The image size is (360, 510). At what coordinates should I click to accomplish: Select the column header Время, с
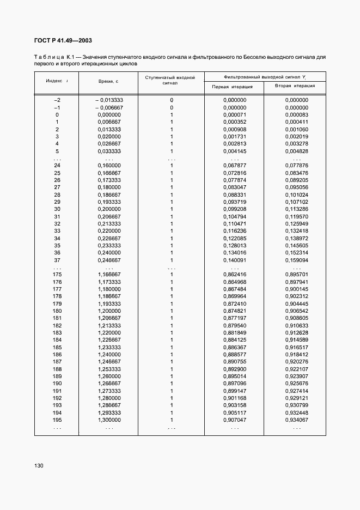(108, 81)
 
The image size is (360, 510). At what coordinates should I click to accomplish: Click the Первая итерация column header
(232, 87)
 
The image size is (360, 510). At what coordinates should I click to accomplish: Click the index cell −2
(57, 100)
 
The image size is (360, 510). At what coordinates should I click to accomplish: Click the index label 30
(57, 209)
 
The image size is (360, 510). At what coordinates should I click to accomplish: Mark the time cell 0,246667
(109, 260)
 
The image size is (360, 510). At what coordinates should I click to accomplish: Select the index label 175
(57, 275)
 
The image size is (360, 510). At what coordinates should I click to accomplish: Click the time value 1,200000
(109, 311)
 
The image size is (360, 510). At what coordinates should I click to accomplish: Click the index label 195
(57, 420)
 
